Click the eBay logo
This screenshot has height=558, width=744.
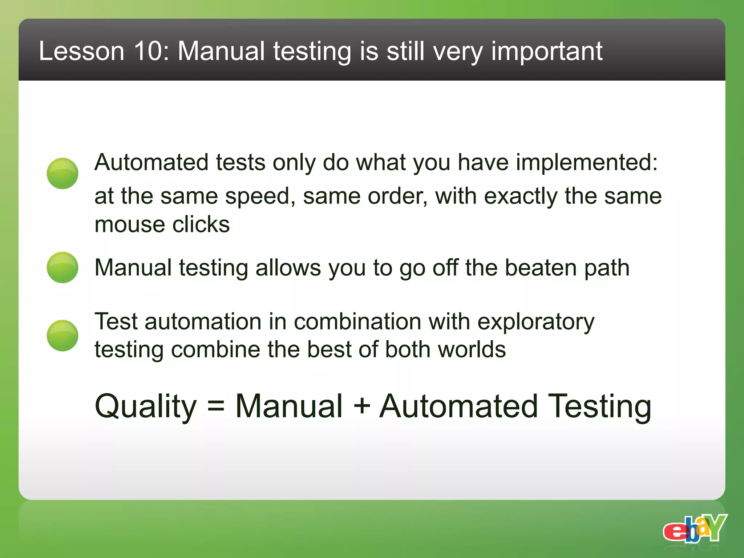[x=695, y=529]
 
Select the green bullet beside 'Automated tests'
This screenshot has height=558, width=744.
[x=62, y=173]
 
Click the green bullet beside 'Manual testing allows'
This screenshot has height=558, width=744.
[x=62, y=267]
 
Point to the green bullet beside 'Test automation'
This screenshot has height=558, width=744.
[x=62, y=335]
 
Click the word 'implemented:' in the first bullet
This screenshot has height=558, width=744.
[x=587, y=162]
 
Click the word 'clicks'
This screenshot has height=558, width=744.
[x=201, y=225]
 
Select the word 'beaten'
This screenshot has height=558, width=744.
[x=541, y=268]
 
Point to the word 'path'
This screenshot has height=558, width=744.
[x=607, y=268]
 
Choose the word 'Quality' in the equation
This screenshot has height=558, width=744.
[x=146, y=407]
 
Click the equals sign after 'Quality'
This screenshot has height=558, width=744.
[x=216, y=406]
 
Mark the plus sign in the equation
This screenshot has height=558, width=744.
[x=362, y=406]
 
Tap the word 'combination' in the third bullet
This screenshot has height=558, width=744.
[x=357, y=322]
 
